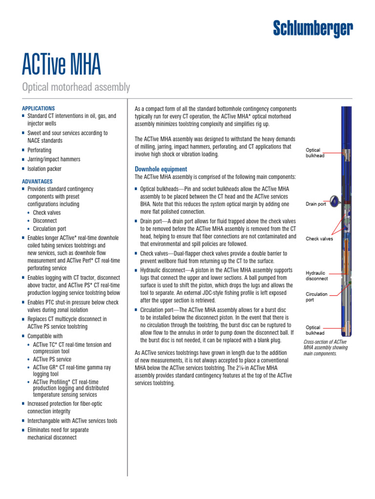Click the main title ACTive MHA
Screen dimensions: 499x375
tap(62, 64)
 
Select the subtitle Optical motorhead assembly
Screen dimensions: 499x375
tap(76, 88)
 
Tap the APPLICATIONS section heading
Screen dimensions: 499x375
tap(39, 108)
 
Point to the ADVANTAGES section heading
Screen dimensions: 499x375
tap(37, 181)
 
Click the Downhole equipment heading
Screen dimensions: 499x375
tap(161, 169)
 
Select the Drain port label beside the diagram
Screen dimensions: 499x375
tap(316, 204)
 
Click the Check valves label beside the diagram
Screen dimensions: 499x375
tap(319, 239)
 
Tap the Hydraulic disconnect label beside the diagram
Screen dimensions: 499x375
tap(317, 276)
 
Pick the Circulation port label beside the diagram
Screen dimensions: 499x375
tap(316, 297)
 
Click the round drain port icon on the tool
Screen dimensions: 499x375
tap(335, 199)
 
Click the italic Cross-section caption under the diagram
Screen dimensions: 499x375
tap(326, 348)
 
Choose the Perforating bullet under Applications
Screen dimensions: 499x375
tap(39, 151)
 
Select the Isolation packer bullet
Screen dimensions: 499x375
tap(44, 169)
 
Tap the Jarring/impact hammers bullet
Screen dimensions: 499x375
tap(54, 159)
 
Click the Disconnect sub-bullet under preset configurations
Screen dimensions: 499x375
tap(45, 221)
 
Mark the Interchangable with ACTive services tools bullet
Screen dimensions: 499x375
tap(72, 421)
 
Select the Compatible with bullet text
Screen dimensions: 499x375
tap(45, 336)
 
